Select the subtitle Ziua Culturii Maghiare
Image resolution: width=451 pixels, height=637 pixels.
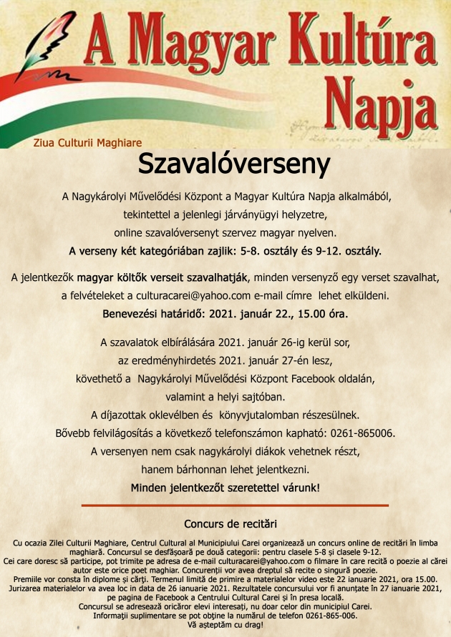coord(87,143)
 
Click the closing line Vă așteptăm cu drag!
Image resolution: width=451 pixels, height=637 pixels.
coord(225,624)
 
